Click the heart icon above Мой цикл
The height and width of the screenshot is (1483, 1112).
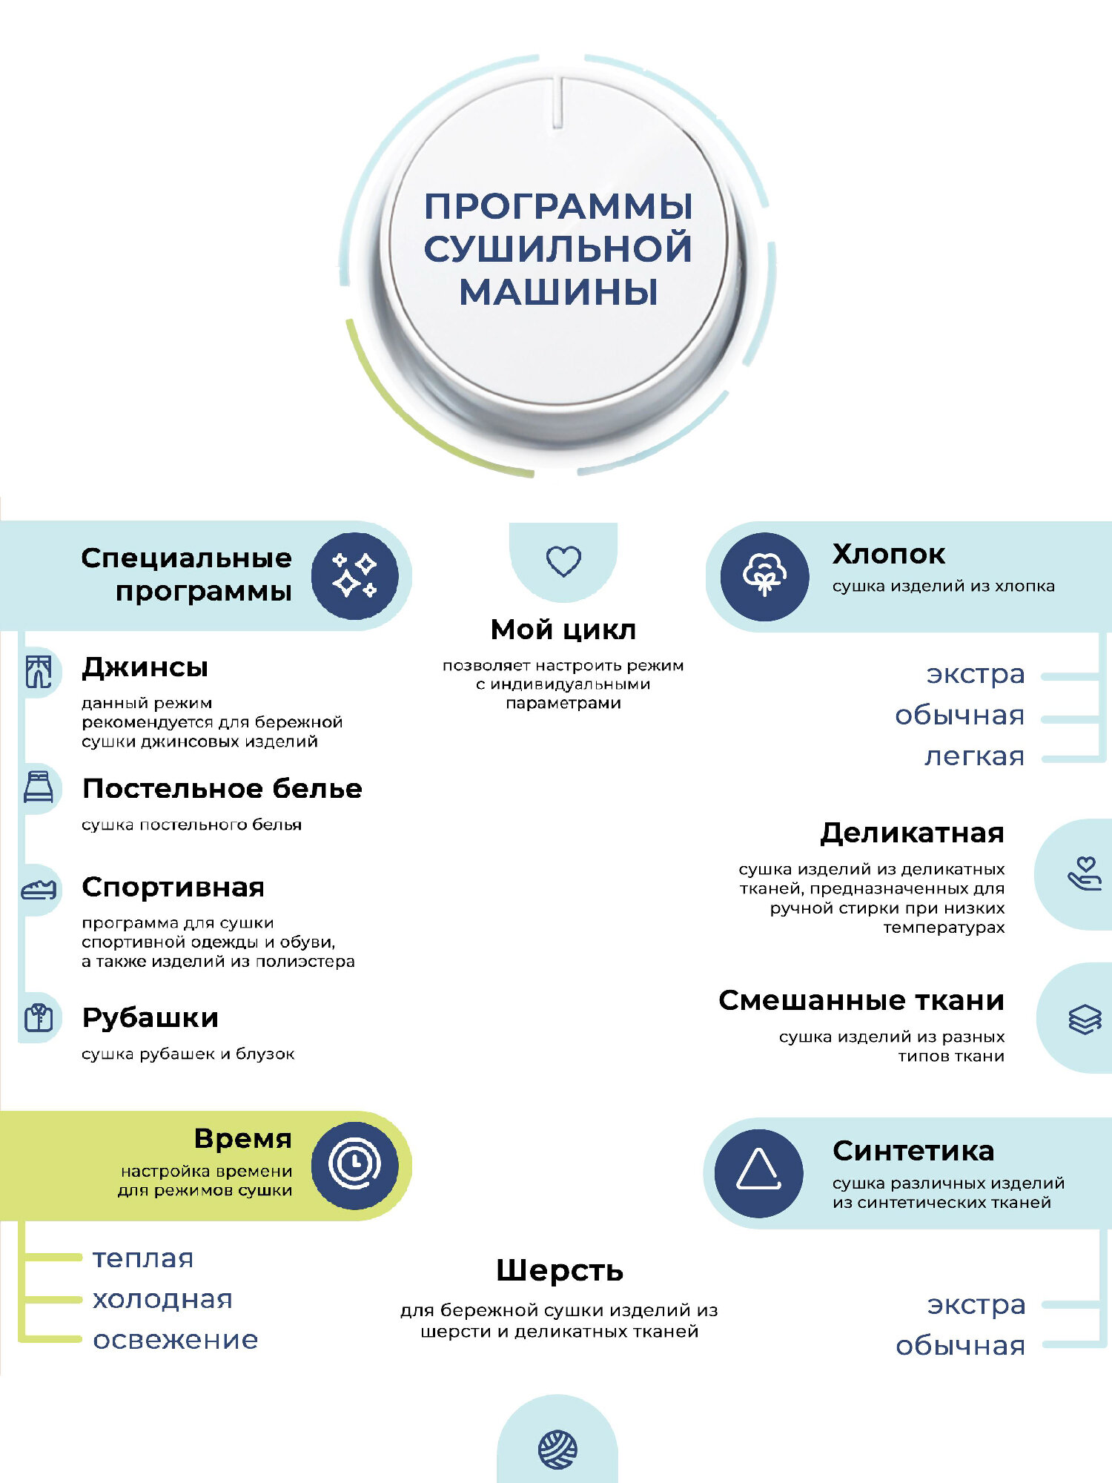(563, 561)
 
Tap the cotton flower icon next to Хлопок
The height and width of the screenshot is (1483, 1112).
(764, 576)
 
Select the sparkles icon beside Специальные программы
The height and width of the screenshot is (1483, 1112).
(354, 576)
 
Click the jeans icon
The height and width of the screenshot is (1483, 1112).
(39, 672)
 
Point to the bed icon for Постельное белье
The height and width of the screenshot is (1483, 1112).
(39, 787)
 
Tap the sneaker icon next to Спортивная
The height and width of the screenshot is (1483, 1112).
(39, 889)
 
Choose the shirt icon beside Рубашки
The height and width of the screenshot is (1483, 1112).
(39, 1017)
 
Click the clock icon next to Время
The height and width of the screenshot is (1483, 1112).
(354, 1164)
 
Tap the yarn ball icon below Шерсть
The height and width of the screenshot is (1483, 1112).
(557, 1450)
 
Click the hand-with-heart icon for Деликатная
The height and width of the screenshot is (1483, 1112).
(1085, 874)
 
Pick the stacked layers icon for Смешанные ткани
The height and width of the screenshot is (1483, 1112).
(1085, 1019)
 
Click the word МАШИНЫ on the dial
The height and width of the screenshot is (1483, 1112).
(558, 291)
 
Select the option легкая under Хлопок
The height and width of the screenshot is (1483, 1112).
(974, 756)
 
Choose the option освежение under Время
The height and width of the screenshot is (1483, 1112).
(175, 1340)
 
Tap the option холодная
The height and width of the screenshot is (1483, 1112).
(162, 1299)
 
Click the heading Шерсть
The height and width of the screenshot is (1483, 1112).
(560, 1271)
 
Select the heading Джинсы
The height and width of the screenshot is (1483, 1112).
(145, 667)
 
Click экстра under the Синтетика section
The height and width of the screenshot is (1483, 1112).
(976, 1304)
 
